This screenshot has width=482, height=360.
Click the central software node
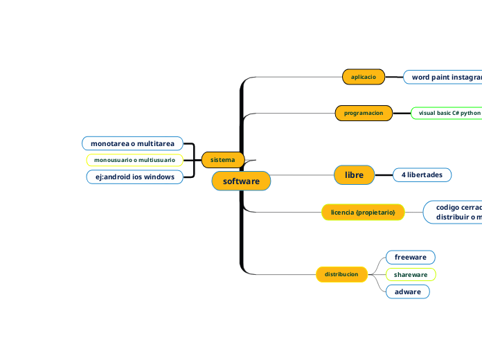[x=241, y=181]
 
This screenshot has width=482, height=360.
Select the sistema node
[x=222, y=160]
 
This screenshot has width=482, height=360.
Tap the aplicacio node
[x=364, y=77]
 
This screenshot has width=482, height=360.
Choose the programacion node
[x=364, y=112]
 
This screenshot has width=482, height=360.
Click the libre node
[x=354, y=175]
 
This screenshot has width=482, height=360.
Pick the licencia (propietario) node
[x=363, y=212]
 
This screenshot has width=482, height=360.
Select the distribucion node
[x=341, y=274]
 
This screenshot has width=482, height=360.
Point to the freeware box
[x=410, y=257]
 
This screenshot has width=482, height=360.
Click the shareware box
[x=411, y=274]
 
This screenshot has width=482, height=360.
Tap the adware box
[x=408, y=291]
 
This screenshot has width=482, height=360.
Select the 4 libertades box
[x=422, y=175]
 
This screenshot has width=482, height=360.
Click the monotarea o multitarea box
[x=132, y=143]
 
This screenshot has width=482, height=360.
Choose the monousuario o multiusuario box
[x=134, y=160]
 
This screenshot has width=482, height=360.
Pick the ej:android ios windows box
[x=134, y=177]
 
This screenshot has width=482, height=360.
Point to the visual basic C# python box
[x=447, y=112]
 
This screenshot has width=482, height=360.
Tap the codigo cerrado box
[x=454, y=212]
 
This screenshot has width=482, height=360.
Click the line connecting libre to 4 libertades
[x=383, y=175]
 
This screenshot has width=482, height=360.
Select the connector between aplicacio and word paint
[x=394, y=77]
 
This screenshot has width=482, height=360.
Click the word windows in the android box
[x=159, y=177]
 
